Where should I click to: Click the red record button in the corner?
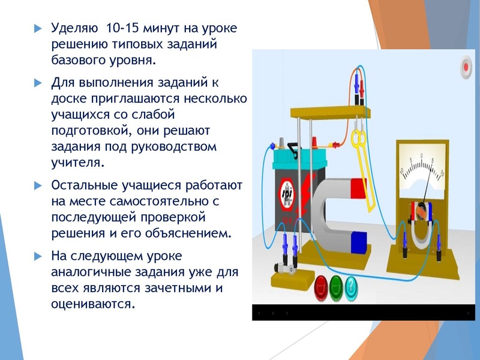pos(466,66)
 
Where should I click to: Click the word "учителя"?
pos(77,162)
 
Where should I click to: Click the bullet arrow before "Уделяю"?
pos(38,29)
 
